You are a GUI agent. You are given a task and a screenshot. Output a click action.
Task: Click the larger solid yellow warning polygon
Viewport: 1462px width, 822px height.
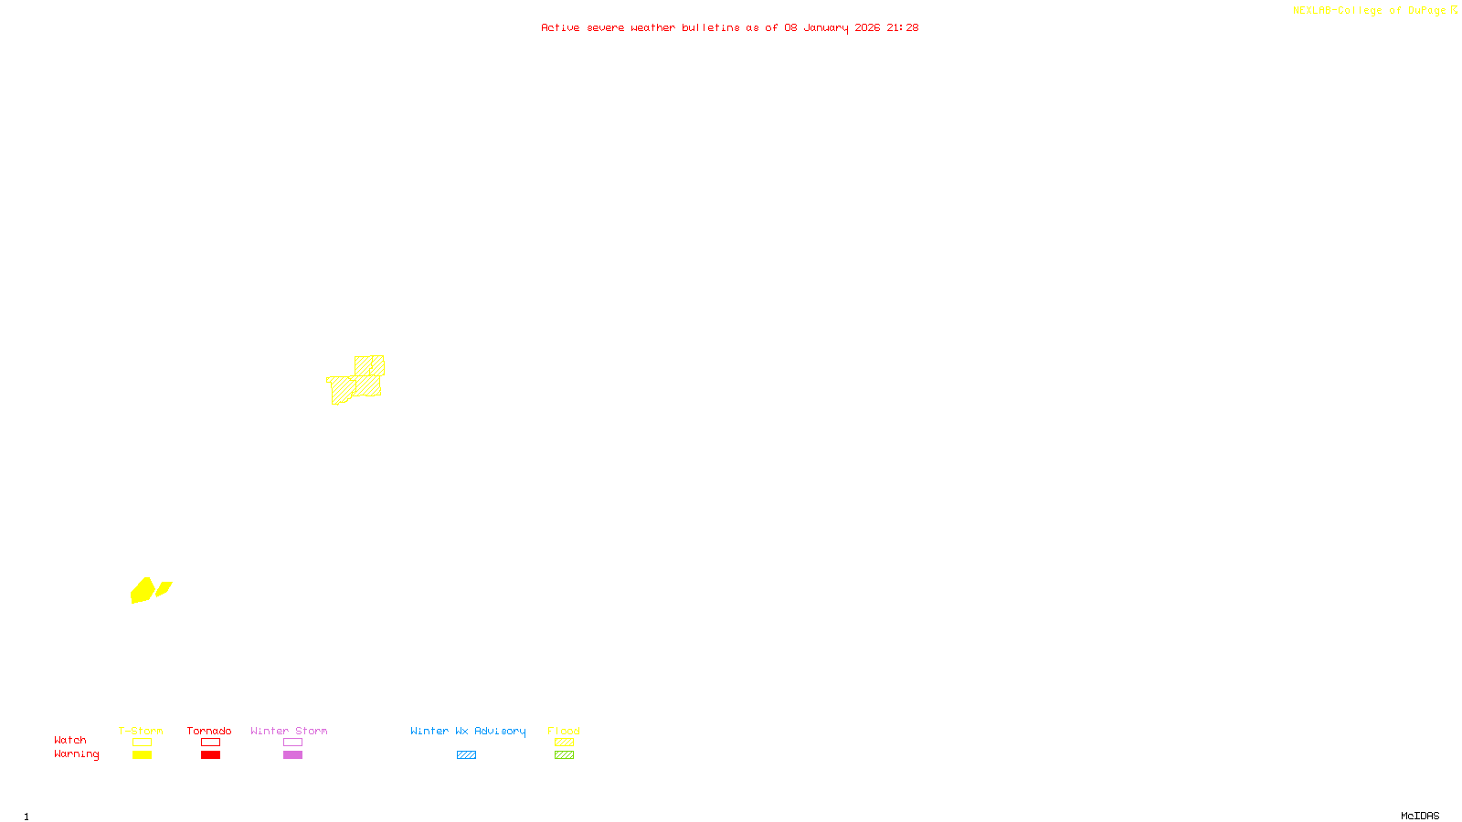[x=142, y=591]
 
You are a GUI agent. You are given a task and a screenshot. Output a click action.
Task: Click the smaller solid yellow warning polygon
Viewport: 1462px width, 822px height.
[x=164, y=588]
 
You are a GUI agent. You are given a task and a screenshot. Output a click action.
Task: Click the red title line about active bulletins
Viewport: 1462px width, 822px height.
[x=729, y=27]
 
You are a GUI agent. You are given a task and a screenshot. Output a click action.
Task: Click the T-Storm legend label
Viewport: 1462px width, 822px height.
[x=141, y=731]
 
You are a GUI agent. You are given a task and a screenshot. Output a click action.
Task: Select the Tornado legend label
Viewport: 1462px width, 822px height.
[x=209, y=731]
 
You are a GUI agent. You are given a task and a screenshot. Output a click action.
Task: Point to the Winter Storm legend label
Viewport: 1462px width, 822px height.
[x=289, y=731]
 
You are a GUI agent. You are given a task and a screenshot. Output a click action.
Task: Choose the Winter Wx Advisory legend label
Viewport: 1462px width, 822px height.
[x=468, y=731]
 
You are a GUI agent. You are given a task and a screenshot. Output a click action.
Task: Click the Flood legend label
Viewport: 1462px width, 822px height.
[x=564, y=731]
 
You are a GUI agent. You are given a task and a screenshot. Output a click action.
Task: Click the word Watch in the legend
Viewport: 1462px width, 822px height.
[x=70, y=740]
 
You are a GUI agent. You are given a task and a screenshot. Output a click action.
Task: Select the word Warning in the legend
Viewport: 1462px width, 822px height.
[x=76, y=754]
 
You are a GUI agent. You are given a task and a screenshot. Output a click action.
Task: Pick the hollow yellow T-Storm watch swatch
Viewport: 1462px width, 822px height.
[x=142, y=743]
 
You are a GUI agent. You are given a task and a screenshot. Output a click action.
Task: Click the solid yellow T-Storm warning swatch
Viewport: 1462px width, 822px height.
[x=142, y=755]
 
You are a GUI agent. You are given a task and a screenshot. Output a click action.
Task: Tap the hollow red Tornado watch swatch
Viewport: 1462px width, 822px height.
[x=211, y=743]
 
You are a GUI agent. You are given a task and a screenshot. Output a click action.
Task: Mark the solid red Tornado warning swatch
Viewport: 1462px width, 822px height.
[x=211, y=755]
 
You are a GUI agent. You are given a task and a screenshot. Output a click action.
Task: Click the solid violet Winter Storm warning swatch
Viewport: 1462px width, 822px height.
[x=292, y=755]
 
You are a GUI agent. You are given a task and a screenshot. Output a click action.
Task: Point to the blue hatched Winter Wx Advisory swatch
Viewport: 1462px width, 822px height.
[x=466, y=755]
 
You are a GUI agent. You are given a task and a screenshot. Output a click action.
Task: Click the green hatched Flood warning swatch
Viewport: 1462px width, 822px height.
[x=564, y=755]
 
